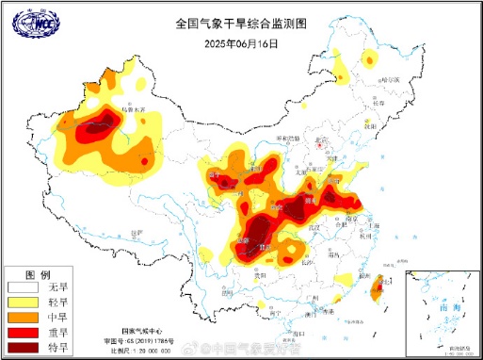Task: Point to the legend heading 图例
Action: [37, 271]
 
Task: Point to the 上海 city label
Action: [374, 227]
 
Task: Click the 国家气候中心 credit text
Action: [141, 333]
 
